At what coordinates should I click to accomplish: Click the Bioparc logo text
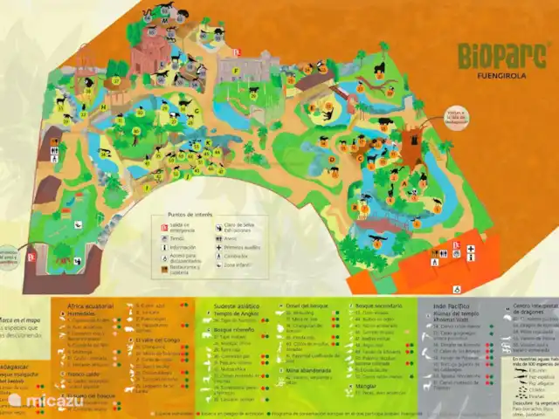pyautogui.click(x=493, y=56)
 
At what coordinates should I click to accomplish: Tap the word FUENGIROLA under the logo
pyautogui.click(x=493, y=76)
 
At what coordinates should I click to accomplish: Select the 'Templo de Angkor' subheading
pyautogui.click(x=234, y=313)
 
